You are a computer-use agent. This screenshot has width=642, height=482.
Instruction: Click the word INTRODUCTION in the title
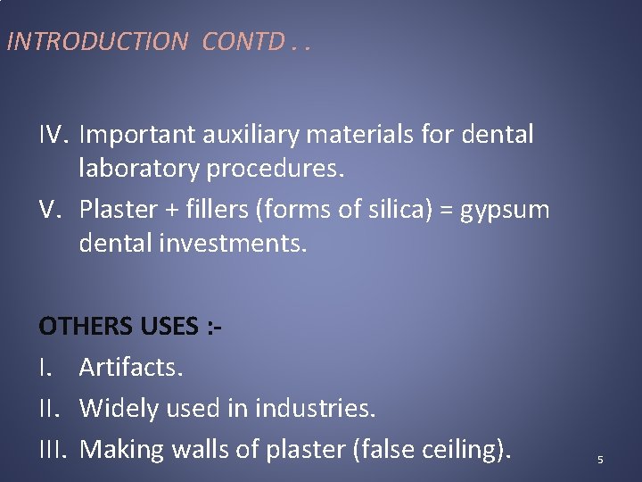click(96, 41)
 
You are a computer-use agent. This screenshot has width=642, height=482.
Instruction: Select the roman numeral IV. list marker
click(55, 135)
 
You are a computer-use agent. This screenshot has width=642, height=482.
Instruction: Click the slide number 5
click(600, 460)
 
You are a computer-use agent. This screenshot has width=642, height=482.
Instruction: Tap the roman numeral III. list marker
click(55, 450)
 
